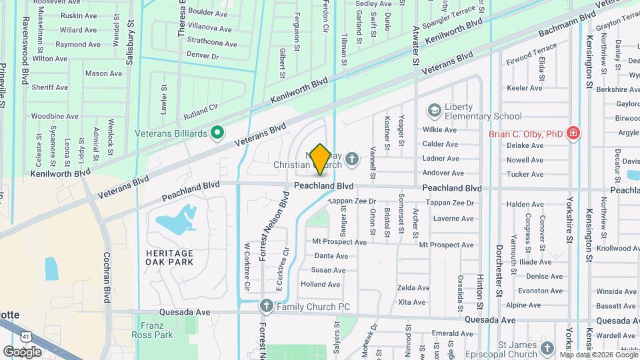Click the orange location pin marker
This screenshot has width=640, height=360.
(320, 159)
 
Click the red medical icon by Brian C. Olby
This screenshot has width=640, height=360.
(572, 133)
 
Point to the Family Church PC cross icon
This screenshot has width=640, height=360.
(266, 306)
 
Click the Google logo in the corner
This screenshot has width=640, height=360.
(22, 351)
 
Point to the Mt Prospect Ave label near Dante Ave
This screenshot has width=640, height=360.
(339, 242)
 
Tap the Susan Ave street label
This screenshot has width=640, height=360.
(329, 270)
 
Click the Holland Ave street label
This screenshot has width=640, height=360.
(321, 284)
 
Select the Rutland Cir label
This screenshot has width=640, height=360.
(200, 104)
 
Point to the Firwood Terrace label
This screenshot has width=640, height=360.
(531, 49)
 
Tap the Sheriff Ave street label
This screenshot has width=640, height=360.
(49, 87)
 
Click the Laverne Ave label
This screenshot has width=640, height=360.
(453, 219)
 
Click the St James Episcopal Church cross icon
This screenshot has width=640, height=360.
(547, 347)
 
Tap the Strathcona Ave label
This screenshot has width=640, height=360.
(213, 44)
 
